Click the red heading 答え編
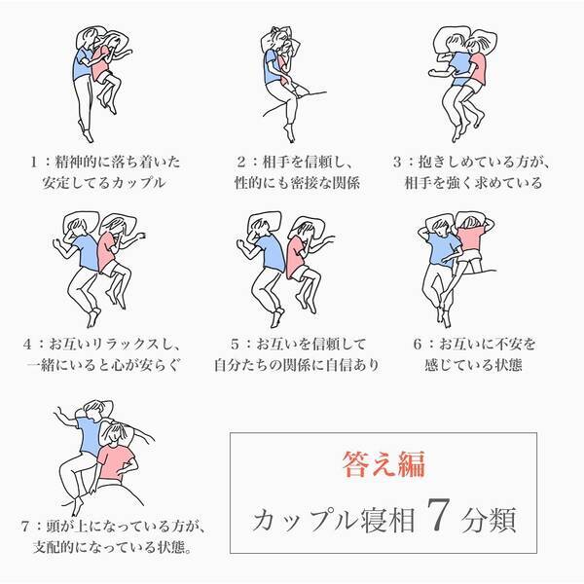(x=383, y=464)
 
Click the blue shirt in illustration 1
(x=81, y=64)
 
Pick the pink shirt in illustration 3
(x=478, y=69)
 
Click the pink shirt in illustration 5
(x=295, y=257)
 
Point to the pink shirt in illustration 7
(x=115, y=462)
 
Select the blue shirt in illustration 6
(x=443, y=248)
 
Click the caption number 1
(x=34, y=162)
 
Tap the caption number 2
(x=241, y=162)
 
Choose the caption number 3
(x=397, y=162)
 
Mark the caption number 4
(x=27, y=345)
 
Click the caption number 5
(x=235, y=345)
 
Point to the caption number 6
(x=418, y=345)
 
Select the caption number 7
(x=25, y=527)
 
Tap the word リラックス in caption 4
(x=126, y=345)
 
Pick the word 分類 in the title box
(x=489, y=519)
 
